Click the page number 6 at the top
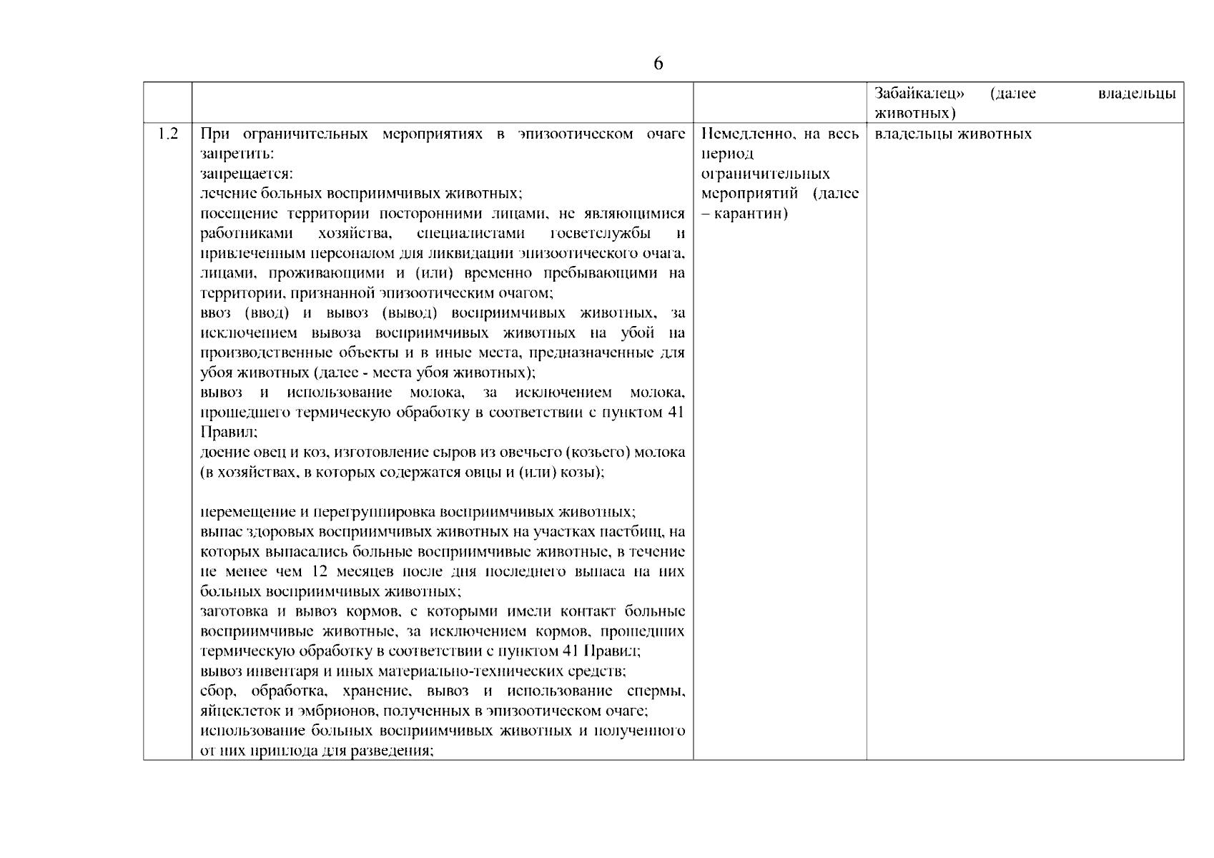[658, 64]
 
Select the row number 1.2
[168, 134]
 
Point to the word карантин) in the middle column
[751, 214]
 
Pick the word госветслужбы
[601, 234]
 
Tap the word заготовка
[233, 611]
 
